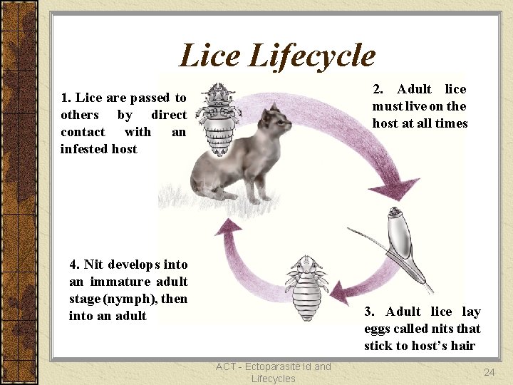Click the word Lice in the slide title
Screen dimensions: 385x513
coord(209,56)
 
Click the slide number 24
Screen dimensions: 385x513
coord(489,372)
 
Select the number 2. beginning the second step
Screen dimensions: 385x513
coord(379,89)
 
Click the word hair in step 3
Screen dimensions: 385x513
coord(464,346)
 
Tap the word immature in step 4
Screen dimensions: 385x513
coord(115,282)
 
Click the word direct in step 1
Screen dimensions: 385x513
coord(169,115)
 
